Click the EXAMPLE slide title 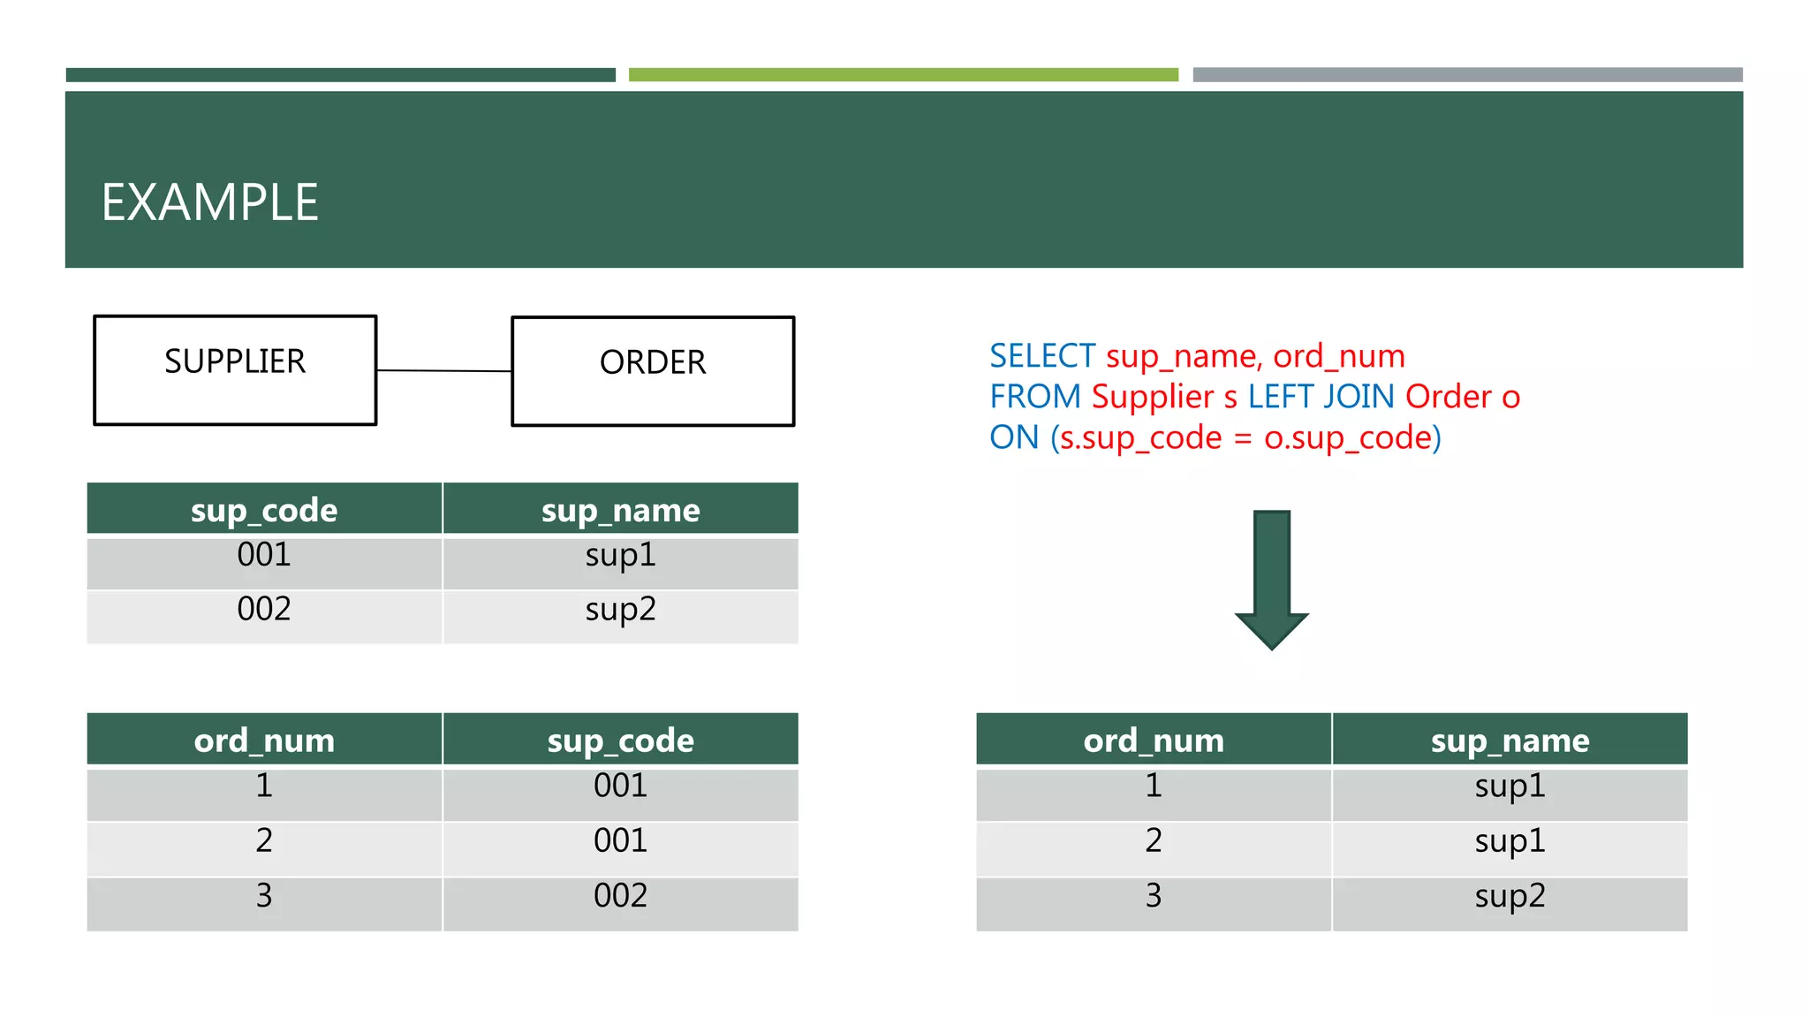coord(209,202)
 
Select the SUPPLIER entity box coord(235,370)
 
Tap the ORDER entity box coord(653,371)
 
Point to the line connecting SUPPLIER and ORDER coord(443,370)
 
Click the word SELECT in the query coord(1041,356)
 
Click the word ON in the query coord(1013,437)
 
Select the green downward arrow coord(1271,579)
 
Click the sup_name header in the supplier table coord(620,510)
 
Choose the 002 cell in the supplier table coord(264,610)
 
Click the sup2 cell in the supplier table coord(620,610)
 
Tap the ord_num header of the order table coord(264,740)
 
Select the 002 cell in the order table coord(620,896)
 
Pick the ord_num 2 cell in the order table coord(264,840)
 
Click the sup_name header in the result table coord(1510,740)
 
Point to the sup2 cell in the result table coord(1510,896)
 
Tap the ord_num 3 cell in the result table coord(1154,896)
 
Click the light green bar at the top coord(903,75)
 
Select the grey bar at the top coord(1467,75)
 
